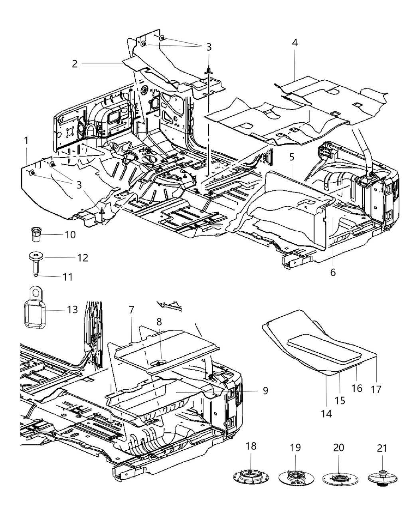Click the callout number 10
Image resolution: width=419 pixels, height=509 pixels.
70,234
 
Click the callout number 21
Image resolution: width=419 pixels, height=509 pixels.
382,448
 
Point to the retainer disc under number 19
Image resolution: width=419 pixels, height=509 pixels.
295,477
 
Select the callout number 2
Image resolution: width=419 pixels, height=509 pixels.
75,63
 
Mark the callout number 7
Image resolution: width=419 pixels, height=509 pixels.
132,310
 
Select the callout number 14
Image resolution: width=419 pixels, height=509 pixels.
326,414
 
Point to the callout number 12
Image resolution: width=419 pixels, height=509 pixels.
83,257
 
